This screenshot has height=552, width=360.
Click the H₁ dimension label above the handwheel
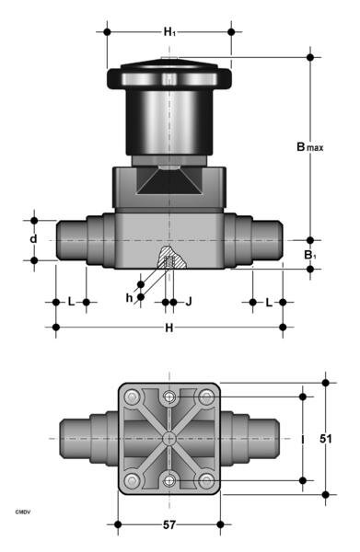pos(170,32)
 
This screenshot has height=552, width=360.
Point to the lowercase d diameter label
pos(33,240)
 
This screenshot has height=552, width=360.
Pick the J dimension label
pos(189,301)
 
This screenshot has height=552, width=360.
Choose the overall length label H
pos(169,328)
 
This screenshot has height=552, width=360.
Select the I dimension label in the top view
pos(303,439)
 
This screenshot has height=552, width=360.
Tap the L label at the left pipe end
pos(71,302)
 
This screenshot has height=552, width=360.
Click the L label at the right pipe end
pos(268,302)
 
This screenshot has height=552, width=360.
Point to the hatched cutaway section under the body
pos(169,259)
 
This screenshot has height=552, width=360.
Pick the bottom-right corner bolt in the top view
pos(205,480)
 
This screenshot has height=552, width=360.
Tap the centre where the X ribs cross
pos(169,439)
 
